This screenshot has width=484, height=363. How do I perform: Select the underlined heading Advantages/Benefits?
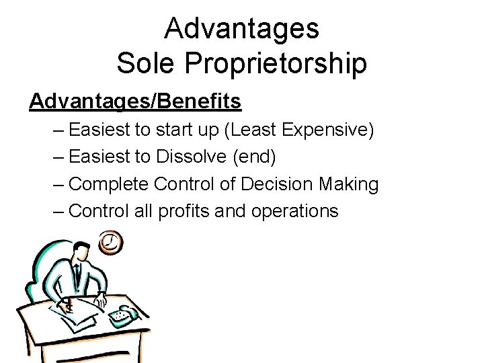(135, 102)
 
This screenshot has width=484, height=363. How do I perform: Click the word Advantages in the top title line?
(241, 28)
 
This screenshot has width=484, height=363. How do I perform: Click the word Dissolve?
(192, 156)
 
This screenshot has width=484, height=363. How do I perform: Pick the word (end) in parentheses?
(254, 157)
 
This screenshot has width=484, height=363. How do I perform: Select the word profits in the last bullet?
(184, 211)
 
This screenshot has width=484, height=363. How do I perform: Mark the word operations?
(294, 212)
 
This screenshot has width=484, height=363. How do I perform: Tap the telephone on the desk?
(124, 314)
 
